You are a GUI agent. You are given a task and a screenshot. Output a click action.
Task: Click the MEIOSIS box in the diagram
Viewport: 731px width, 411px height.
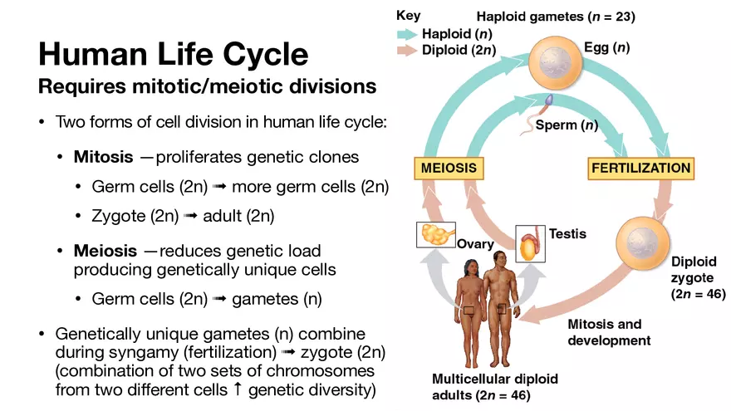[x=449, y=168]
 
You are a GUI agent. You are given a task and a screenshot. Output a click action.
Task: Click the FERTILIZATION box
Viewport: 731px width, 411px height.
[x=640, y=168]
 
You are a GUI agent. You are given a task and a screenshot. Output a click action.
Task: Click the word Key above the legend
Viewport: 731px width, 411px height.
[x=408, y=16]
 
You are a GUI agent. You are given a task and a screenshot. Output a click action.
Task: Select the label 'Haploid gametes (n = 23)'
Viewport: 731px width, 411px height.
[x=556, y=17]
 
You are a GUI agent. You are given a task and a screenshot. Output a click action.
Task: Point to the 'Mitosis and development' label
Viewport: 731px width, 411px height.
[x=609, y=332]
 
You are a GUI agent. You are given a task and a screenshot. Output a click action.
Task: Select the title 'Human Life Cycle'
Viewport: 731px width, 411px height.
[x=174, y=55]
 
